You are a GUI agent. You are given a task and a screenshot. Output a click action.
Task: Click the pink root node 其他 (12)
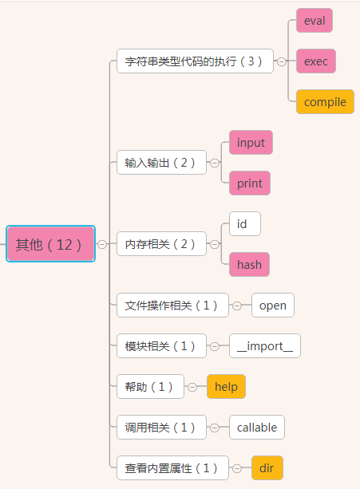coord(50,244)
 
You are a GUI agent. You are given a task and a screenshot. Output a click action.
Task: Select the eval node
coord(315,21)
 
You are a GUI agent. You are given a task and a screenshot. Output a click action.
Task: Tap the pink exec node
coord(316,61)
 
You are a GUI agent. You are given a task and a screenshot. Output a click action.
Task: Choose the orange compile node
coord(325,101)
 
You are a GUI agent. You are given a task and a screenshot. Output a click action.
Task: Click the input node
coord(251,143)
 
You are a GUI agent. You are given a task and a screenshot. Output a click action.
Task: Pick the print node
coord(250,183)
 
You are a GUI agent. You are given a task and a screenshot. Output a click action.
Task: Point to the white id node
coord(245,224)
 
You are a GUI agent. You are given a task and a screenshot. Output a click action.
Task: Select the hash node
coord(249,265)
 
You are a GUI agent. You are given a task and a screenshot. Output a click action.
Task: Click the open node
coord(273,306)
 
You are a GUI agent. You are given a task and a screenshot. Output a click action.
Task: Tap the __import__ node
coord(265,346)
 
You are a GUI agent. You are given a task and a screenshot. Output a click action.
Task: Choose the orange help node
coord(226,387)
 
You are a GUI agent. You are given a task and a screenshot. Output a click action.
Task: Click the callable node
coord(257,428)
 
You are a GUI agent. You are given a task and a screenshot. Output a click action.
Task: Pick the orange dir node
coord(267,467)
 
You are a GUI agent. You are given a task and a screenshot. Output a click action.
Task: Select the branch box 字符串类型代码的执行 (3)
coord(195,61)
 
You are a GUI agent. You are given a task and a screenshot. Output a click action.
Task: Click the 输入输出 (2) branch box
coord(161,163)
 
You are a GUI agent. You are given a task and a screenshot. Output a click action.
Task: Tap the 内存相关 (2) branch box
coord(161,244)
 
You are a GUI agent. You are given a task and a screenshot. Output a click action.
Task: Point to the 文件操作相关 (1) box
coord(172,306)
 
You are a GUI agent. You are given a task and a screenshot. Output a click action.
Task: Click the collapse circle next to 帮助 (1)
coord(192,387)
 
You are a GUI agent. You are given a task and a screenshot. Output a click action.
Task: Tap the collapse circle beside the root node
coord(102,244)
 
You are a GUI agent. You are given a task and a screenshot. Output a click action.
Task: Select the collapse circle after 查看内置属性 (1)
coord(237,468)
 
